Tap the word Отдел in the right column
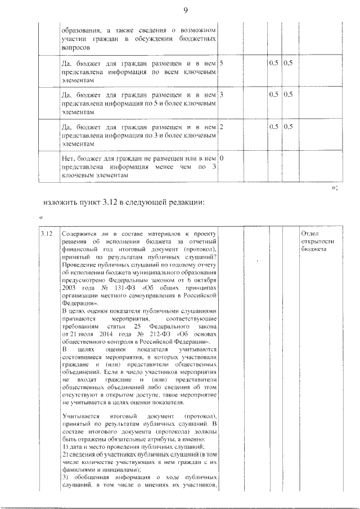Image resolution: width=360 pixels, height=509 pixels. pyautogui.click(x=310, y=233)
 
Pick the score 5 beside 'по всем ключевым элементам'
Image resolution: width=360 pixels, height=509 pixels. pyautogui.click(x=222, y=64)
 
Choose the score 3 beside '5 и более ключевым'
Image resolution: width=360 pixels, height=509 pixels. pyautogui.click(x=222, y=95)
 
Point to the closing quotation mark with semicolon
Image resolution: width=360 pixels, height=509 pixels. pyautogui.click(x=334, y=188)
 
